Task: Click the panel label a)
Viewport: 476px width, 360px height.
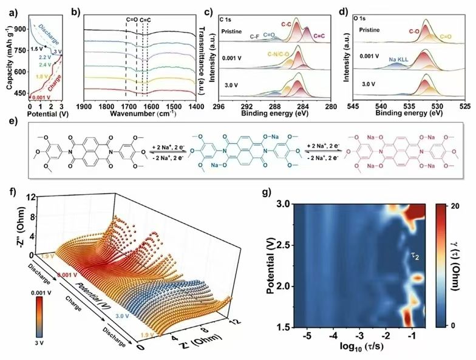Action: coord(8,9)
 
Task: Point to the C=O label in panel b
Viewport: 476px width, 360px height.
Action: coord(132,20)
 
